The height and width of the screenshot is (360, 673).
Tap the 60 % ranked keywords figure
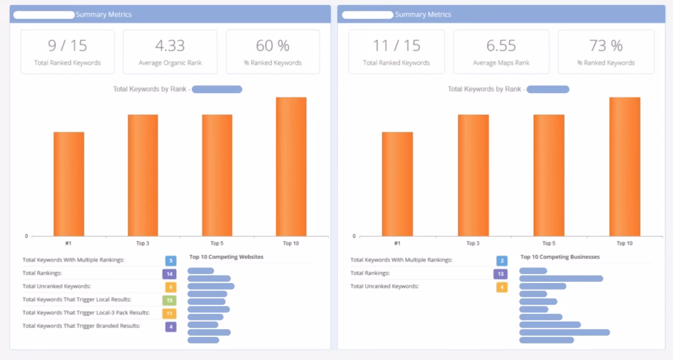point(273,45)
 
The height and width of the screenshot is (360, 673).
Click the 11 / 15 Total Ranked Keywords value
point(396,45)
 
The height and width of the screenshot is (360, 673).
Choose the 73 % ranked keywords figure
point(607,45)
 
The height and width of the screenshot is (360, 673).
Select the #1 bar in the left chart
point(69,184)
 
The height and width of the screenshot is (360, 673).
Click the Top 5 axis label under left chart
point(217,243)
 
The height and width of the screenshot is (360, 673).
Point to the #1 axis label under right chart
point(397,243)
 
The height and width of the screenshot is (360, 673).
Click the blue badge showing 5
point(170,261)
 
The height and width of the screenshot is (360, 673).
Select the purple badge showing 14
point(170,274)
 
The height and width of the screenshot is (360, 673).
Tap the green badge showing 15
point(170,300)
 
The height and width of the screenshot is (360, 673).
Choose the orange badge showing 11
point(170,313)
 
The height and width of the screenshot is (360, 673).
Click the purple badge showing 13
point(501,274)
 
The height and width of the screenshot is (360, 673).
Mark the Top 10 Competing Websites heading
point(226,257)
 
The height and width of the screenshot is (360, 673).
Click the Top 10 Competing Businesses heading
point(560,257)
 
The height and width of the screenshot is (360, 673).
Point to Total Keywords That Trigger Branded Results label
point(81,326)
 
